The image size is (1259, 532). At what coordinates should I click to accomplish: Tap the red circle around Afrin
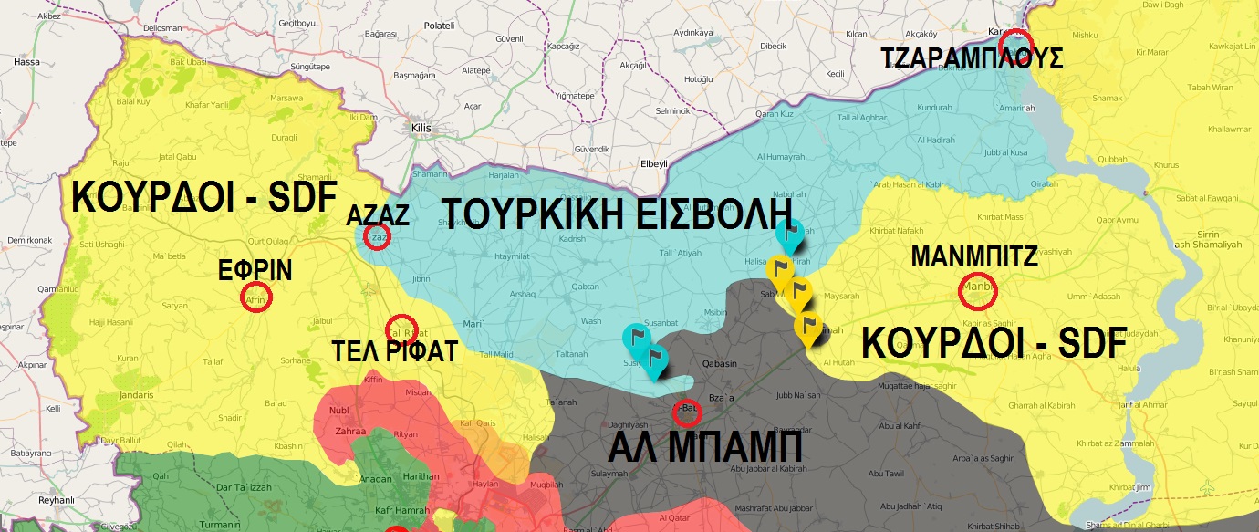pyautogui.click(x=256, y=298)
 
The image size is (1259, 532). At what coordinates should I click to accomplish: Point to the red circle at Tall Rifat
pyautogui.click(x=401, y=329)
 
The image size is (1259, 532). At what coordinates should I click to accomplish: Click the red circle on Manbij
pyautogui.click(x=978, y=292)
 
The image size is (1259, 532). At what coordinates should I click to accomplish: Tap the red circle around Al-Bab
pyautogui.click(x=686, y=413)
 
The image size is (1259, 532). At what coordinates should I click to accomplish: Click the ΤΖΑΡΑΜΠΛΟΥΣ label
pyautogui.click(x=973, y=59)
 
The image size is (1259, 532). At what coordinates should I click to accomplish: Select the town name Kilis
pyautogui.click(x=421, y=128)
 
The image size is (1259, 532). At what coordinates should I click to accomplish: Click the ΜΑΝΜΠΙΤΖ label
pyautogui.click(x=975, y=257)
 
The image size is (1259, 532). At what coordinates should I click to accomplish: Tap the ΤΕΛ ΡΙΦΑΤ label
pyautogui.click(x=407, y=353)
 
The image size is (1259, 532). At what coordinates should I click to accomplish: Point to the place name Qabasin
pyautogui.click(x=719, y=363)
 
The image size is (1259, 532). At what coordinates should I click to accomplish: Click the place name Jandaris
pyautogui.click(x=136, y=395)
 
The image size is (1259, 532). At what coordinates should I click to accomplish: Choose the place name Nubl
pyautogui.click(x=327, y=411)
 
